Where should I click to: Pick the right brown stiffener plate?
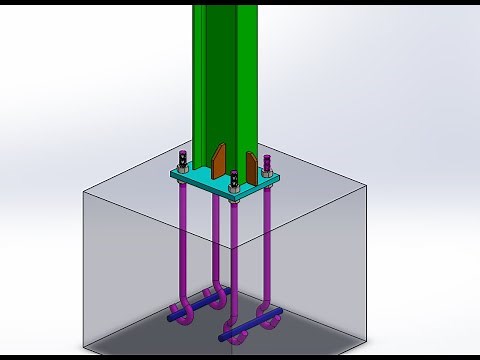(x=250, y=164)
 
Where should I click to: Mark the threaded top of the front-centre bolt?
(x=234, y=177)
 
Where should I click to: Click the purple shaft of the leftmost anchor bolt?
(x=186, y=240)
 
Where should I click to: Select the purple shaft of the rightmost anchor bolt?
(x=269, y=250)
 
